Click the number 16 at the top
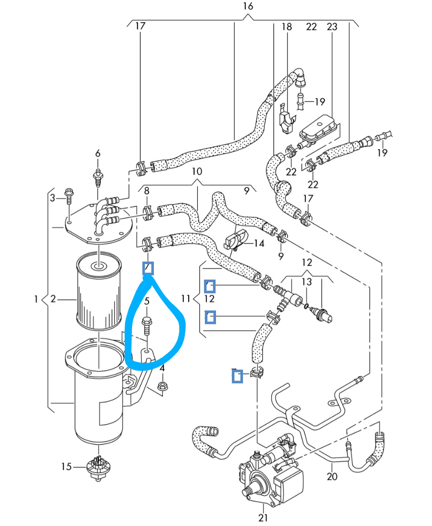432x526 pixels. point(248,6)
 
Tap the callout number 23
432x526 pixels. point(332,27)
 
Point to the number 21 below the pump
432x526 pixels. point(263,517)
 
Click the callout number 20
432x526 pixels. point(332,476)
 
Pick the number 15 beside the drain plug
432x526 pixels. point(66,466)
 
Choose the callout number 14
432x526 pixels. point(259,244)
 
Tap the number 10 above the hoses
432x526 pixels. point(197,172)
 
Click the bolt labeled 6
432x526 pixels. point(98,176)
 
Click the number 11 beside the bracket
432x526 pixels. point(185,298)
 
